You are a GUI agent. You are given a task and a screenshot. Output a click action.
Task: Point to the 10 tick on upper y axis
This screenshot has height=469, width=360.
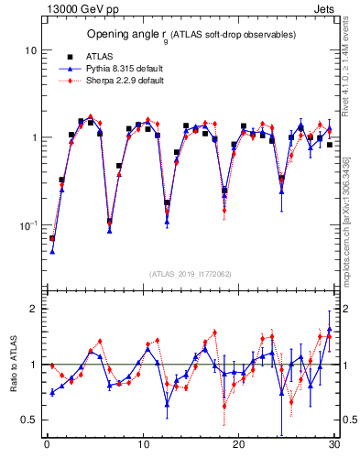[30, 50]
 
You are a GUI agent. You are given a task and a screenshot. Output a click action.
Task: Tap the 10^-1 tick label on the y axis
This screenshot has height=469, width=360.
[28, 224]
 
